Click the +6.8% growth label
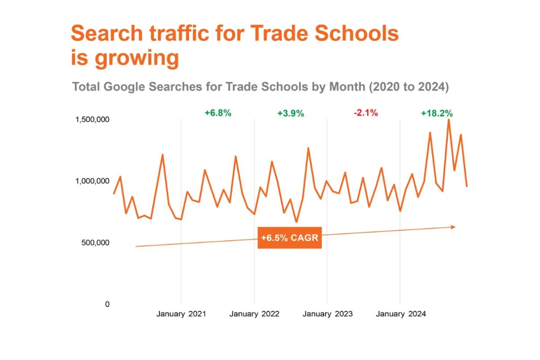point(218,113)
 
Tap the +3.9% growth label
point(291,113)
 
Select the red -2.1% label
point(365,113)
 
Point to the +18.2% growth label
point(436,113)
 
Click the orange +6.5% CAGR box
point(289,238)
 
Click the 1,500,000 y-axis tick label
point(93,120)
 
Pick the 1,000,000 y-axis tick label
point(93,181)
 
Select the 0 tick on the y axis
point(107,304)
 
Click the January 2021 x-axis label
point(181,314)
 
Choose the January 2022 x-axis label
point(254,314)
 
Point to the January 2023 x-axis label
point(327,314)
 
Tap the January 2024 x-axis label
point(400,314)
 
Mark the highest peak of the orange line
point(449,120)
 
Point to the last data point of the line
point(467,186)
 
